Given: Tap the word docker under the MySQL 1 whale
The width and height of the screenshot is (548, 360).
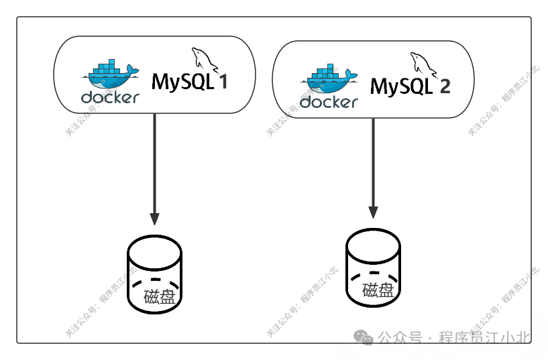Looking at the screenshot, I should (110, 97).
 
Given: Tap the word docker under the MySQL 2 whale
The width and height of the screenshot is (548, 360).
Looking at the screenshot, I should (329, 102).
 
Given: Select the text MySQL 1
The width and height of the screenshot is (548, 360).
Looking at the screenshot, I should (190, 82).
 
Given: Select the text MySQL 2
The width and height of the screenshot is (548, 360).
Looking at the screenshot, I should (410, 86).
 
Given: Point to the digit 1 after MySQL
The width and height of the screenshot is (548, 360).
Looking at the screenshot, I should (223, 82).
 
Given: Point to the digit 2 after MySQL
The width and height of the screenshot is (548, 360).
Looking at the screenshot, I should (444, 86).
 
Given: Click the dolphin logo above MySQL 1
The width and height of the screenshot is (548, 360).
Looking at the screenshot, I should (205, 60).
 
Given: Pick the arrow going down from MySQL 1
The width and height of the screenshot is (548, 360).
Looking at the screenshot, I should (154, 168).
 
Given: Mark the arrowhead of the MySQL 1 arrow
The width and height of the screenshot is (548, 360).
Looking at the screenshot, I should (154, 219).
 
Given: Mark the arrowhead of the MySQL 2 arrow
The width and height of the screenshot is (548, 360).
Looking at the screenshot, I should (373, 211).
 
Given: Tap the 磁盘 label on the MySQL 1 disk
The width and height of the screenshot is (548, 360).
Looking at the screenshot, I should (159, 296).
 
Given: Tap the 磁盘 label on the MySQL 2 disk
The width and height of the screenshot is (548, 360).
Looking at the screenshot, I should (378, 290).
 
